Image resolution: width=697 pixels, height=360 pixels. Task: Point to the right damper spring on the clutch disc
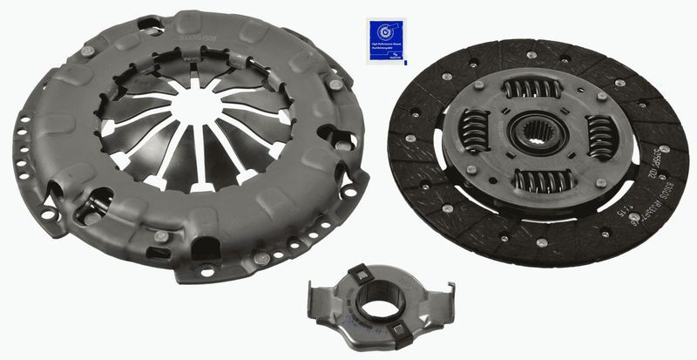pos(600,138)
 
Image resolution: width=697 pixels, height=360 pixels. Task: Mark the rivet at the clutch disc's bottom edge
pos(542,243)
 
